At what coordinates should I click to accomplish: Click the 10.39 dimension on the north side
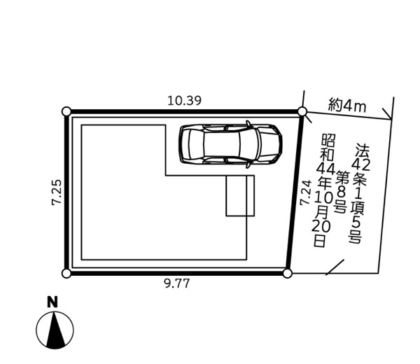pos(184,101)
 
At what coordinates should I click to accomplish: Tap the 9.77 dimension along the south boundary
pos(177,283)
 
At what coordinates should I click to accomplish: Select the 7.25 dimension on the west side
pos(57,192)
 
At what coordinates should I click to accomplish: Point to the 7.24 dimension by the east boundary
pos(306,192)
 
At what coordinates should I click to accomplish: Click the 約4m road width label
pos(347,106)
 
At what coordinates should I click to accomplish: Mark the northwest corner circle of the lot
pos(66,111)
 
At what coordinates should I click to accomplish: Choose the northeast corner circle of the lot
pos(302,111)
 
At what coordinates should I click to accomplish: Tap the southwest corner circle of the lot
pos(66,274)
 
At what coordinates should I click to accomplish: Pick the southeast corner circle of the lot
pos(287,274)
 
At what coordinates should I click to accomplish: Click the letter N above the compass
pos(52,302)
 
